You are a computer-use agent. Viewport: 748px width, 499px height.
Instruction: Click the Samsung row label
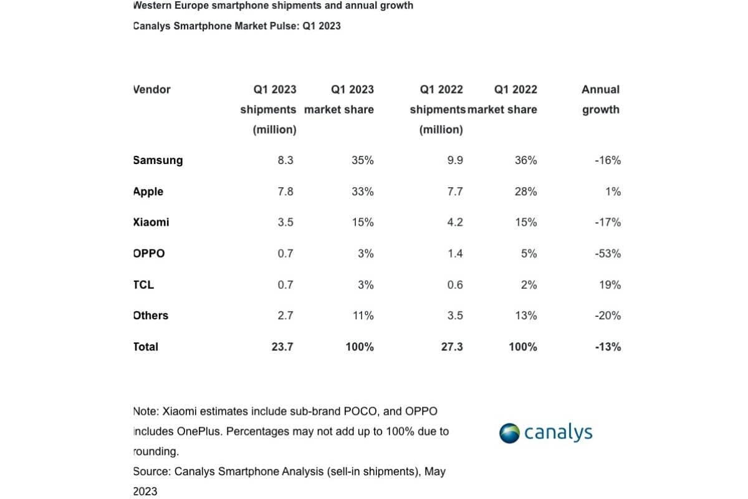(x=158, y=160)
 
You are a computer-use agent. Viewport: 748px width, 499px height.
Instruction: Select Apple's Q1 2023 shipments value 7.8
(x=285, y=191)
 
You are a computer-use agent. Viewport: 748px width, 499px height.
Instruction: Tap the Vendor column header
(x=151, y=89)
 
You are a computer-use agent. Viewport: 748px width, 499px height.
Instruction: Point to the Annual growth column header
(x=600, y=99)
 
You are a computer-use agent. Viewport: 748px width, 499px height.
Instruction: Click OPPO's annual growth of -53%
(x=608, y=254)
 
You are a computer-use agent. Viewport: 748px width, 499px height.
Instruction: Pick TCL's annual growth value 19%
(x=611, y=285)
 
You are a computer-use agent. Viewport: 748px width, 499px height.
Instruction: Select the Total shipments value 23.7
(x=282, y=347)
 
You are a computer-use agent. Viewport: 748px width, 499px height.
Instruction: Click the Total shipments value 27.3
(x=452, y=347)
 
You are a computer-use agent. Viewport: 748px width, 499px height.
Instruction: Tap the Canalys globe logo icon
(x=509, y=433)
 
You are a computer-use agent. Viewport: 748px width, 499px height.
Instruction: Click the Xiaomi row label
(x=151, y=223)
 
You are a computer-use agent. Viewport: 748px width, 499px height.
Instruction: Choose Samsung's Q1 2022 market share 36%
(x=525, y=160)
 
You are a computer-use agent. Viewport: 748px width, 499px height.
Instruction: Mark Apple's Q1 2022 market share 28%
(x=525, y=191)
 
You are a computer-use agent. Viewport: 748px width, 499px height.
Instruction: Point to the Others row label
(x=150, y=316)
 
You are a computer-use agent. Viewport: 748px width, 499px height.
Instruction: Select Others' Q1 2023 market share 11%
(x=363, y=316)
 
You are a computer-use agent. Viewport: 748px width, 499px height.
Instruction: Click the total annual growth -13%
(x=608, y=347)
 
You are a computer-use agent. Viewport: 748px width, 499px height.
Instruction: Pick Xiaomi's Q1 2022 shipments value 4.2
(x=455, y=223)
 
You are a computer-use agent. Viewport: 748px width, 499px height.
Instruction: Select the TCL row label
(x=143, y=285)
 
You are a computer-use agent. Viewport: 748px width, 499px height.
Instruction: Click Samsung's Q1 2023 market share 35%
(x=363, y=160)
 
